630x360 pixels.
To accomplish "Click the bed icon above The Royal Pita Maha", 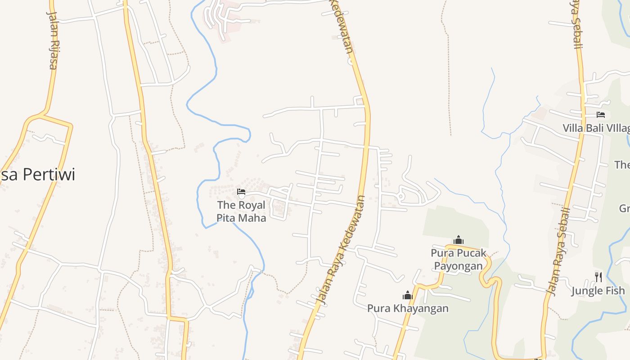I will [x=241, y=192].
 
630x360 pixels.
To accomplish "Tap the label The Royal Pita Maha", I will [x=242, y=211].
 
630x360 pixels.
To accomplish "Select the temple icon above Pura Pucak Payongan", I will [x=459, y=240].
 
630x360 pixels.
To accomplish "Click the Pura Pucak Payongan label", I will [x=459, y=259].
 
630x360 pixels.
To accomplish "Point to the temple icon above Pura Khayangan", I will [x=408, y=295].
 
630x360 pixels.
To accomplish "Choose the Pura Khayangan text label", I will [x=408, y=308].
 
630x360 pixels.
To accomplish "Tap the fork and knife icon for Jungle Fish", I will [x=598, y=277].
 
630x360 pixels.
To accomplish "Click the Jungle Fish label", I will [x=598, y=291].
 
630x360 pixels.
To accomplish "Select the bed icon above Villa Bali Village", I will [x=600, y=115].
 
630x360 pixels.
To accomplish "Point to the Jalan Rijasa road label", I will [x=53, y=40].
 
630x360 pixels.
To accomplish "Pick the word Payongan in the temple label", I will [x=459, y=266].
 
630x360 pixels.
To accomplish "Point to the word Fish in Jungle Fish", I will [x=615, y=291].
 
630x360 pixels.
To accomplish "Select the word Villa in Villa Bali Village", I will [x=572, y=128].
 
